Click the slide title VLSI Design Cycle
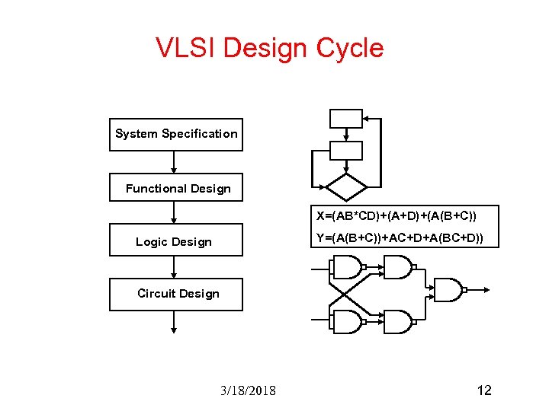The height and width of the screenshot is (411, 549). pos(269,48)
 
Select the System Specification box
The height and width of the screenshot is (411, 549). pos(176,134)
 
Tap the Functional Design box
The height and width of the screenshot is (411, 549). pos(176,188)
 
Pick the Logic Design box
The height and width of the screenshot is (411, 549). pos(176,241)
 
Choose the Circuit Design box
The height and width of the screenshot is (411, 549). pos(176,294)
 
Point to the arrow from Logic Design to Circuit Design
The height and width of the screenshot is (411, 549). pos(175,266)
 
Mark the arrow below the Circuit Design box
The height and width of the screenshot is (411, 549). pos(175,322)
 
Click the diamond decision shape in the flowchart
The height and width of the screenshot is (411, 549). pos(346,186)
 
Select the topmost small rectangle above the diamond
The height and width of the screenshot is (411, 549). pos(345,119)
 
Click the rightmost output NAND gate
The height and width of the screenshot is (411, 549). pos(448,290)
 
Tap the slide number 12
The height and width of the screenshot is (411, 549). pos(483,390)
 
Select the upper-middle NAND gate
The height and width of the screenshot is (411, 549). pos(397,267)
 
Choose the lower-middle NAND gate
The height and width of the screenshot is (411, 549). pos(397,321)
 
